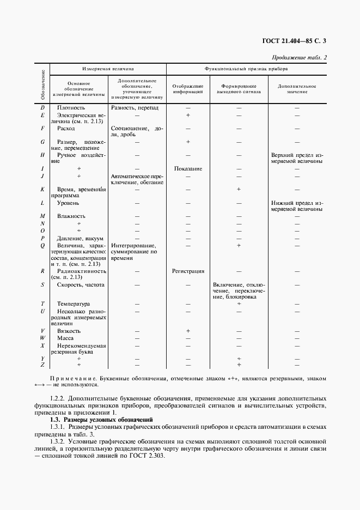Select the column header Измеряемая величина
tap(108, 70)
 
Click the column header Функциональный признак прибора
tap(246, 70)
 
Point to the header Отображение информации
tap(187, 89)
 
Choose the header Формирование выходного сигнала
tap(239, 89)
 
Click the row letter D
tap(42, 108)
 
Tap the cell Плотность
tap(71, 108)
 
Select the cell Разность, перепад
tap(135, 108)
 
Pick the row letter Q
tap(42, 246)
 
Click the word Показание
tap(188, 168)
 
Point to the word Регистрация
tap(188, 271)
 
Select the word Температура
tap(74, 303)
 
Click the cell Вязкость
tap(69, 331)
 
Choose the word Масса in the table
tap(65, 338)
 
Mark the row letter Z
tap(42, 365)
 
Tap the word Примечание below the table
tap(72, 378)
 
